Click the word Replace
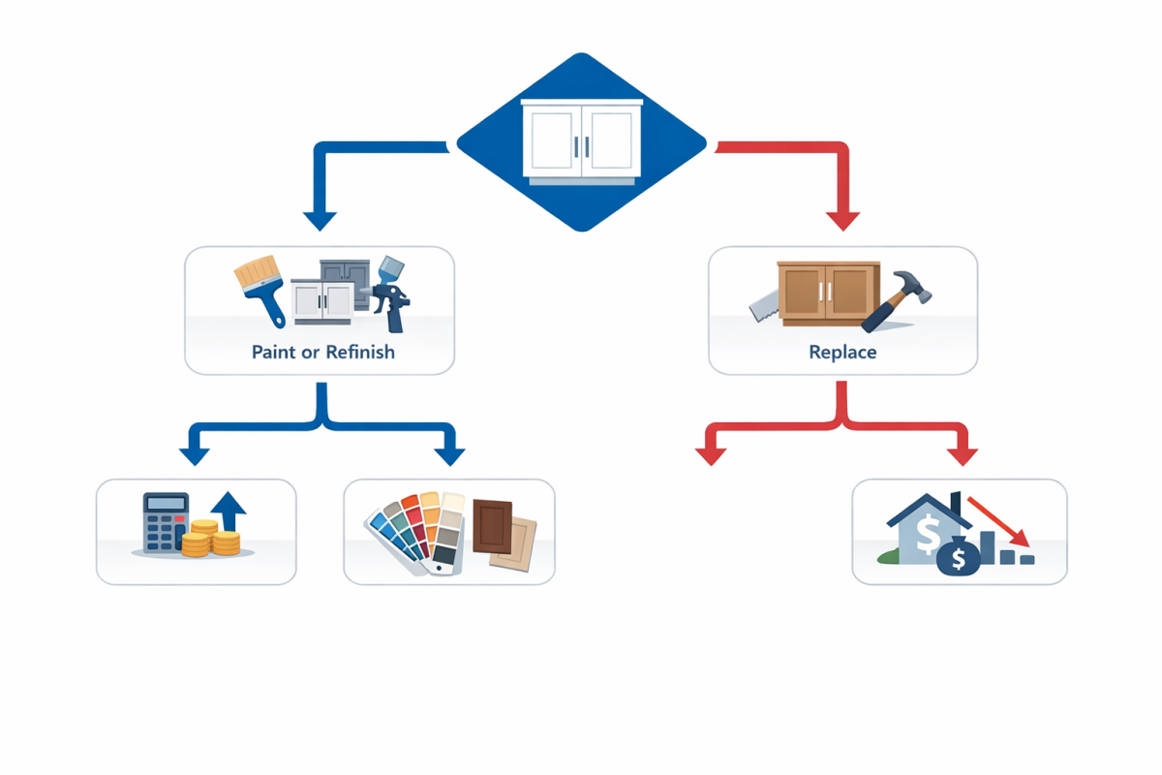842,353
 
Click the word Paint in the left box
273,353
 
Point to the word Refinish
360,353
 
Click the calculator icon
165,523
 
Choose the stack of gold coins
213,538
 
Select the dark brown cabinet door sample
492,526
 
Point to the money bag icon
958,557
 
